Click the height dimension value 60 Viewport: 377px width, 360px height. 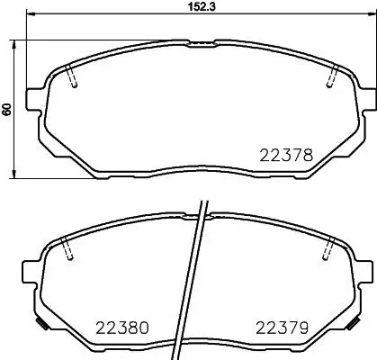7,108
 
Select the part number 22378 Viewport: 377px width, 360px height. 286,154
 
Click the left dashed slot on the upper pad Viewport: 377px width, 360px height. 74,77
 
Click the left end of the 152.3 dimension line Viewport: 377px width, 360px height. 28,14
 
